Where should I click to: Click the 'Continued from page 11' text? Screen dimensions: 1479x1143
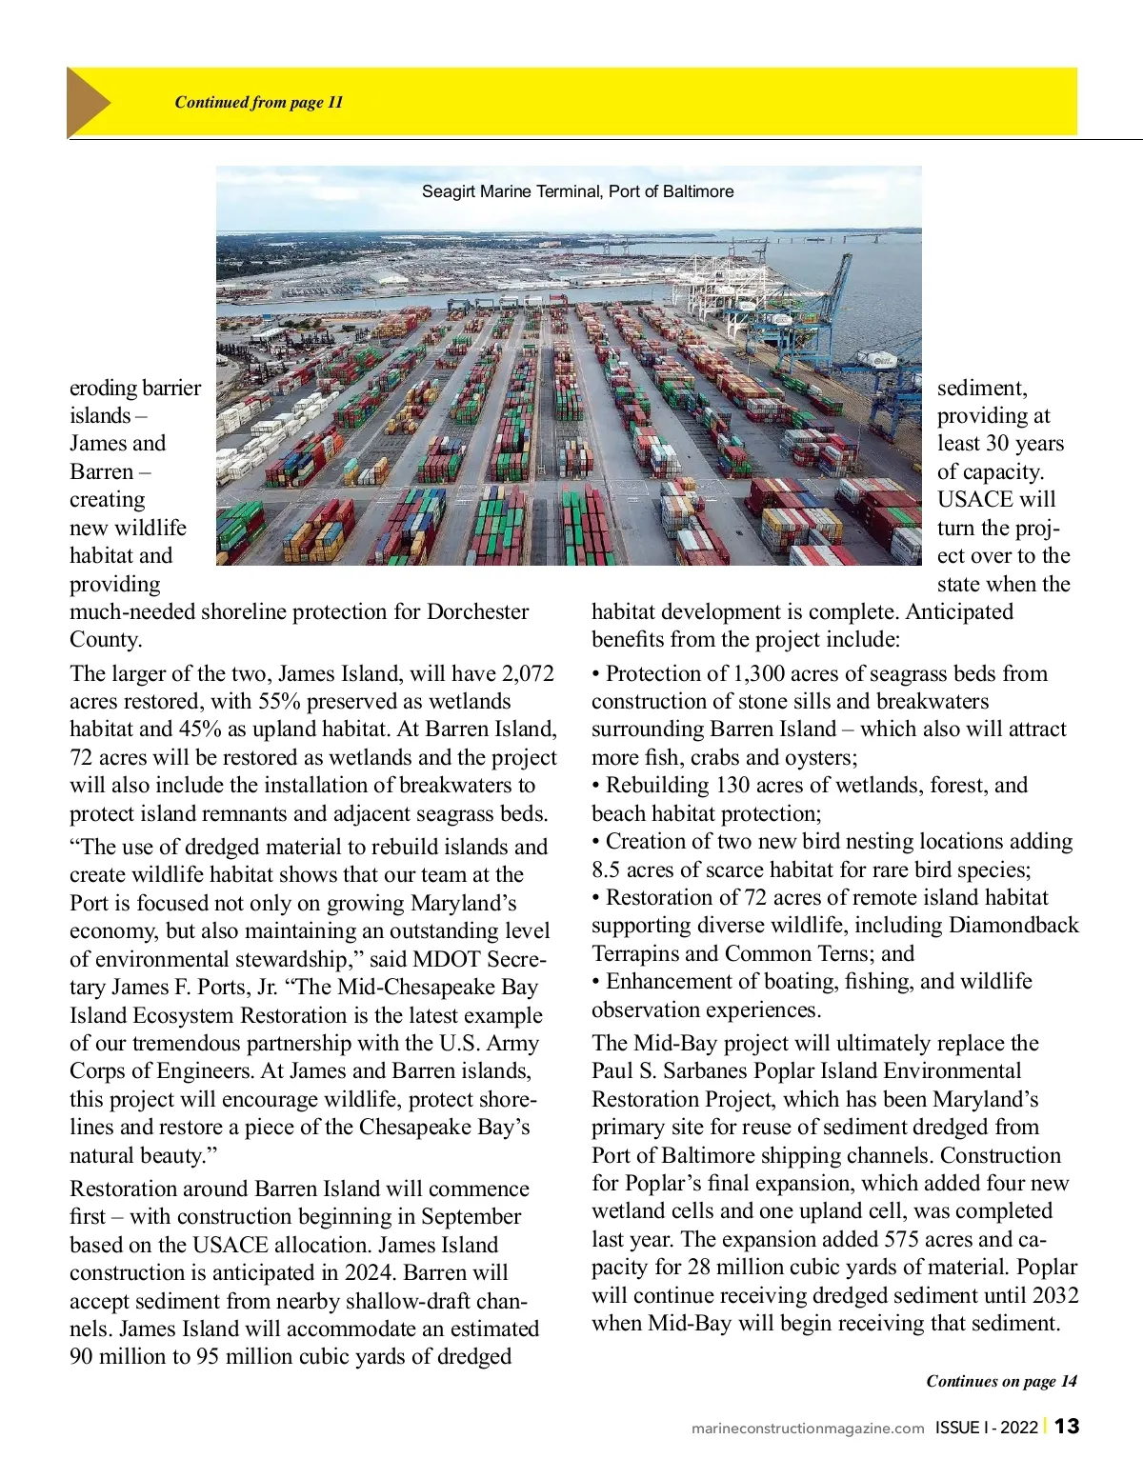(x=258, y=102)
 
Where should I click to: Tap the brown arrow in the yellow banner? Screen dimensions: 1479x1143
(x=89, y=102)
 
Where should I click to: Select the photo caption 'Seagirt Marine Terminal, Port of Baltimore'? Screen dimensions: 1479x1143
(x=577, y=191)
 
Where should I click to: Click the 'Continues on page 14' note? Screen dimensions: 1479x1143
(x=1001, y=1381)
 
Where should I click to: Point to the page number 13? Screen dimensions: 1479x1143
(x=1067, y=1426)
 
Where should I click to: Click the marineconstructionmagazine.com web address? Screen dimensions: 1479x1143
(x=808, y=1428)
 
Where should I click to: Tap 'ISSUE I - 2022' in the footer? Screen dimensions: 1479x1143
(x=986, y=1427)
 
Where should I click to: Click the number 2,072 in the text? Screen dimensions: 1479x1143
(x=528, y=673)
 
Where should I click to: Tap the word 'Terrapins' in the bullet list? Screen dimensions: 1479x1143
(x=635, y=953)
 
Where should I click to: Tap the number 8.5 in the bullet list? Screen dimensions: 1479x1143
(x=610, y=869)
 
